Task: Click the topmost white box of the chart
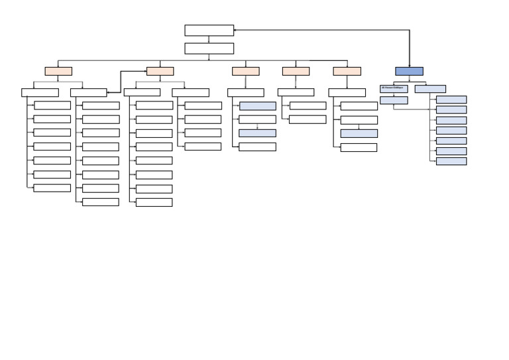tap(209, 30)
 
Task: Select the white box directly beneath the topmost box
tap(209, 48)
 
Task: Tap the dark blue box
tap(409, 71)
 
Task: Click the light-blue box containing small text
tap(394, 88)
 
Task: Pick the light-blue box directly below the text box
tap(394, 100)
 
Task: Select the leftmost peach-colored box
tap(58, 71)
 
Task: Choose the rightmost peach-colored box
tap(347, 71)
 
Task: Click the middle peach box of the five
tap(245, 71)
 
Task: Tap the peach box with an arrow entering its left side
tap(160, 71)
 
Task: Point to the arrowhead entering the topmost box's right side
tap(235, 30)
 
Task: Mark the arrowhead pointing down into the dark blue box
tap(409, 66)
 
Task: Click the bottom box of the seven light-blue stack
tap(451, 161)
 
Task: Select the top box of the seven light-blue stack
tap(451, 99)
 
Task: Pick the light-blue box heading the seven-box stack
tap(430, 88)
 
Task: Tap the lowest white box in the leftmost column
tap(52, 188)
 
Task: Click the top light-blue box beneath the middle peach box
tap(257, 106)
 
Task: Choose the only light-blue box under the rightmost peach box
tap(359, 133)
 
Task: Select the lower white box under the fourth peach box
tap(308, 119)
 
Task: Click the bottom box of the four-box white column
tap(203, 147)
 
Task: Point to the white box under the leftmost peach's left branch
tap(40, 93)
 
